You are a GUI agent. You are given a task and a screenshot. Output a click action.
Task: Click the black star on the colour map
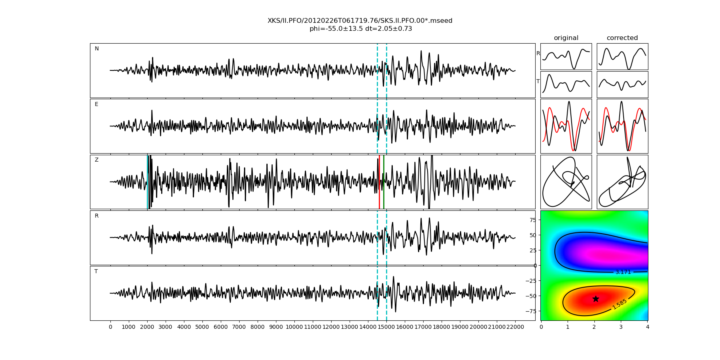click(x=596, y=299)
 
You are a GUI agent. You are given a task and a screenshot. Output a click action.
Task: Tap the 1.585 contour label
click(x=619, y=304)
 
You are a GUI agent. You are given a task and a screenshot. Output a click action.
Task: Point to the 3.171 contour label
click(x=623, y=272)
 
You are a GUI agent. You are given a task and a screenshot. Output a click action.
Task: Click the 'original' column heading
click(x=566, y=38)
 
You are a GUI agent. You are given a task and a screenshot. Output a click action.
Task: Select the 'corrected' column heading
click(x=622, y=38)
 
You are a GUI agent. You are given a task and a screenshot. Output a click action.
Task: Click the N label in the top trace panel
click(x=97, y=49)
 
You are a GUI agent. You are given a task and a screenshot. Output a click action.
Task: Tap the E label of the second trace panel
click(x=96, y=104)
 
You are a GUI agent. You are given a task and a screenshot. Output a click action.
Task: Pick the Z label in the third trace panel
click(x=96, y=160)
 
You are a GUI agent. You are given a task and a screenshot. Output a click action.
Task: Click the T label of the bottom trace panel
click(x=96, y=272)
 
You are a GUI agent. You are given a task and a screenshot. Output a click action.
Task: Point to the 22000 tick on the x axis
click(x=515, y=327)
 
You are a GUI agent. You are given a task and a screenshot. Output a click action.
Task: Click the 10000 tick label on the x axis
click(x=294, y=327)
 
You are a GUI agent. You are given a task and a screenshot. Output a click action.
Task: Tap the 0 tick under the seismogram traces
click(x=110, y=327)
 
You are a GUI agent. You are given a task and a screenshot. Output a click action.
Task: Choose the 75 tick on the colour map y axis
click(x=532, y=220)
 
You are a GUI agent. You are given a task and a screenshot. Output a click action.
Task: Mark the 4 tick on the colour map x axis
click(x=648, y=327)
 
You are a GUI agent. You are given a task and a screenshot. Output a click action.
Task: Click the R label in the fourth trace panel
click(x=96, y=216)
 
